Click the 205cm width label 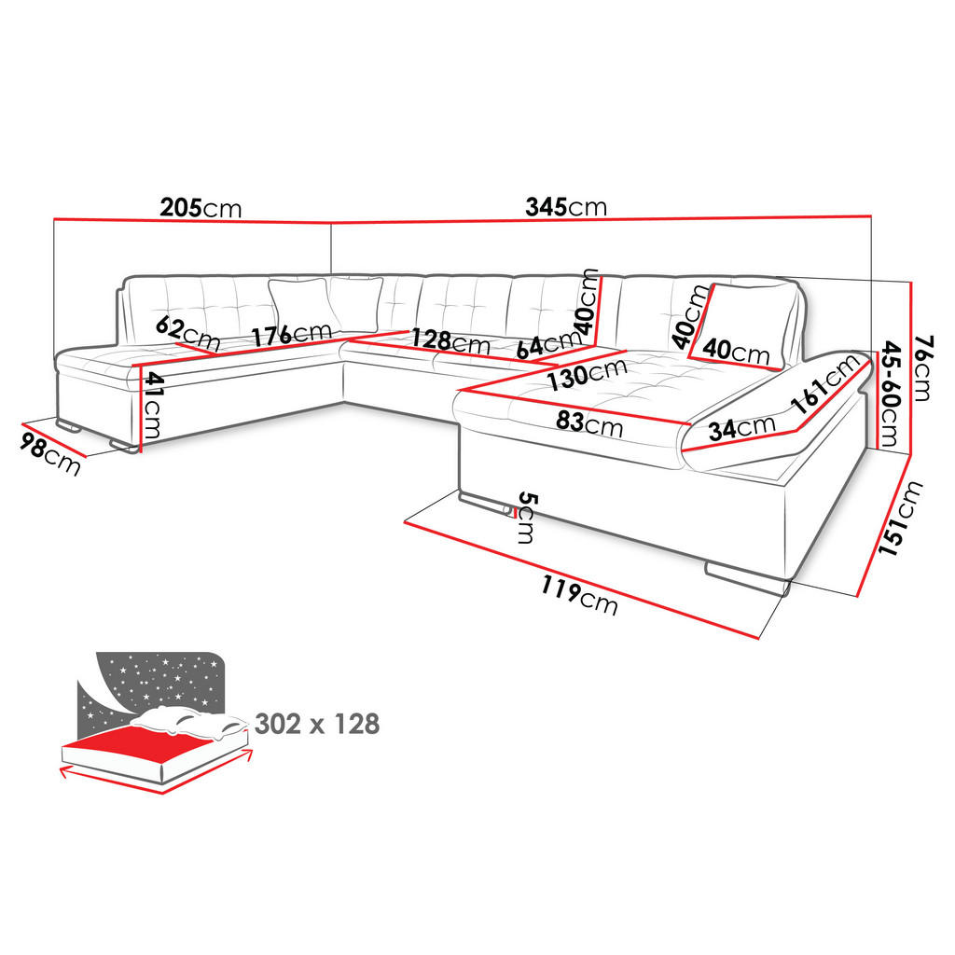(x=201, y=208)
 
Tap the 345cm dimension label (x=566, y=207)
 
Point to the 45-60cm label (x=890, y=394)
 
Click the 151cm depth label (x=900, y=519)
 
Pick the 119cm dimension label (x=579, y=596)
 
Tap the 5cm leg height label (x=526, y=518)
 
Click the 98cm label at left (x=49, y=454)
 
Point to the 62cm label (x=187, y=333)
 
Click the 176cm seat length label (x=292, y=335)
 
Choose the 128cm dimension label (x=450, y=341)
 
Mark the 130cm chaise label (x=588, y=374)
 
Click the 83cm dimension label (x=589, y=422)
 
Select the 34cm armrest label (x=741, y=428)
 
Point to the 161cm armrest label (x=826, y=384)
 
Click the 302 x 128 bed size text (x=317, y=724)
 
